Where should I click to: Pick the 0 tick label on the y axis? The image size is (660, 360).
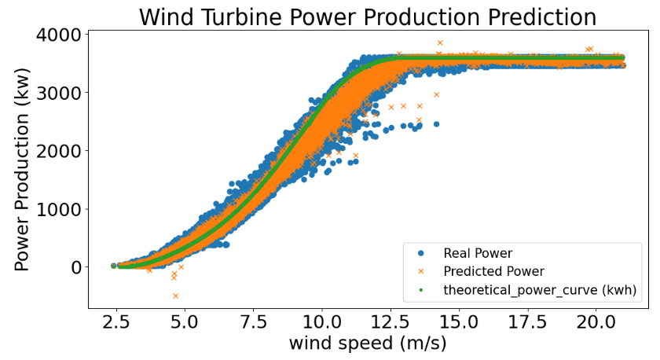tap(75, 267)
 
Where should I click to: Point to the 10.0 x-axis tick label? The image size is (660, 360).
tap(321, 322)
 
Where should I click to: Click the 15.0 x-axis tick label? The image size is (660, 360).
tap(458, 322)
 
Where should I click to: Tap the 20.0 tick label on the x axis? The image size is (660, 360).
tap(595, 322)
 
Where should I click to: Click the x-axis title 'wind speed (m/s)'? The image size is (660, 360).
tap(356, 344)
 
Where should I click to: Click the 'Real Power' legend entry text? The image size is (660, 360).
tap(478, 253)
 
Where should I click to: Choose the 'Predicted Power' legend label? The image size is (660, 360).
tap(493, 272)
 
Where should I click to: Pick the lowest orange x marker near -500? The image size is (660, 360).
tap(175, 296)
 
